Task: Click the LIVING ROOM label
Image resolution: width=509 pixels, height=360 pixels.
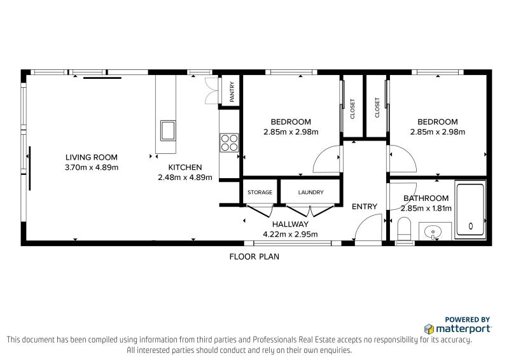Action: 92,158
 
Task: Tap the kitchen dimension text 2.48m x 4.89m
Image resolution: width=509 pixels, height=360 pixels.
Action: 185,177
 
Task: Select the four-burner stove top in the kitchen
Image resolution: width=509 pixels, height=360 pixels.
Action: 229,143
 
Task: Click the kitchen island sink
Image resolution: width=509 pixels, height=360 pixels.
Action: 168,130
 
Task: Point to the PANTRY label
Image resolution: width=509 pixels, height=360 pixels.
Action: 232,92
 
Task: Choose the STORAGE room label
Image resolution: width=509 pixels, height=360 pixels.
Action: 260,192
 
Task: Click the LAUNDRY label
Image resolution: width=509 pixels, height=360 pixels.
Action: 311,192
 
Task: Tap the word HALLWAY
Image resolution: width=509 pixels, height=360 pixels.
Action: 290,224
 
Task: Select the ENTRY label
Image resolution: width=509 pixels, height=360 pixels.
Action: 365,207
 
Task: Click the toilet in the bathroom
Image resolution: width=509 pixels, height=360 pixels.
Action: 404,230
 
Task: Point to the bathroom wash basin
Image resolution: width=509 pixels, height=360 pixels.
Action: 433,232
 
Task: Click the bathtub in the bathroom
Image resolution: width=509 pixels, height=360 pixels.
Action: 470,210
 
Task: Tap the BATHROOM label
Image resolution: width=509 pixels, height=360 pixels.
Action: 426,198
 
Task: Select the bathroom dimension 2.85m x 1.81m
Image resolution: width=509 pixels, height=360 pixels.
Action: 426,209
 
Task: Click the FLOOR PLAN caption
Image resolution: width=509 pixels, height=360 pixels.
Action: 254,257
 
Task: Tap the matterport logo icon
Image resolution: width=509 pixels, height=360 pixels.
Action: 429,329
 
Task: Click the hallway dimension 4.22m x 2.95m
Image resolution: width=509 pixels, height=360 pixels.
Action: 290,234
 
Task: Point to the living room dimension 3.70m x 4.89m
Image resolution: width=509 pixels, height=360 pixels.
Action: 92,167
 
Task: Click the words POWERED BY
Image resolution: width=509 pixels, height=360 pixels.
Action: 467,320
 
